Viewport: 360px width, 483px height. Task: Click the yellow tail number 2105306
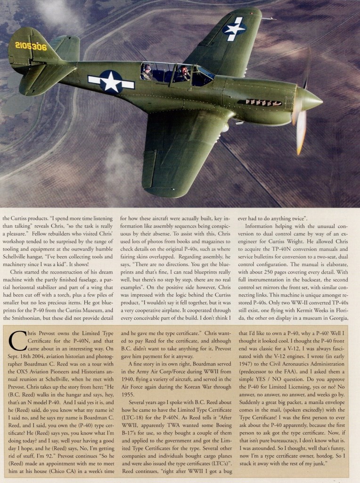coord(31,47)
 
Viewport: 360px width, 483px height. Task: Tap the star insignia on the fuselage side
coord(111,81)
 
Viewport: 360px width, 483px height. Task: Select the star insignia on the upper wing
coord(234,29)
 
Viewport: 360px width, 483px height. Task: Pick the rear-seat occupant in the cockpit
coord(147,72)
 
